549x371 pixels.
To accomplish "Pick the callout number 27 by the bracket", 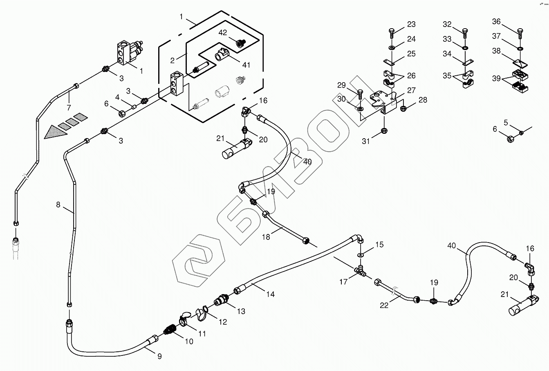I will (411, 90).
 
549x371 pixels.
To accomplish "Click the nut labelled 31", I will (384, 131).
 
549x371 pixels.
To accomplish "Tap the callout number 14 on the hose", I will (270, 294).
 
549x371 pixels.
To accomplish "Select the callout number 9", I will (159, 356).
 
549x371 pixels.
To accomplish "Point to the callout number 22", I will (384, 305).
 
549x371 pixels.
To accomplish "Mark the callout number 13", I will (241, 311).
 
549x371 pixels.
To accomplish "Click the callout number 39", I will (496, 79).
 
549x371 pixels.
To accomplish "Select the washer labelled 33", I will (465, 48).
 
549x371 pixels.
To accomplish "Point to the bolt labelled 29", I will (359, 94).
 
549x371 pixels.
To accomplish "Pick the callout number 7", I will (68, 108).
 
